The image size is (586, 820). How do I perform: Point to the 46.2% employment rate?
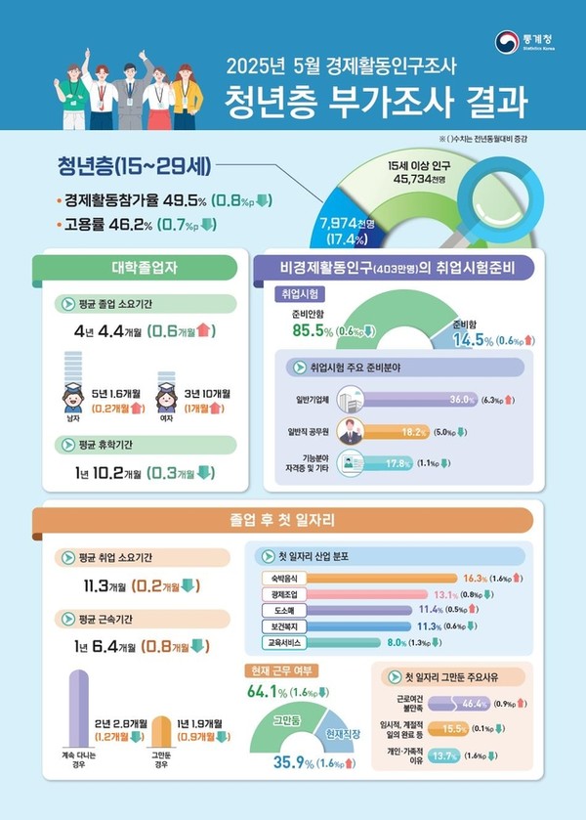(154, 225)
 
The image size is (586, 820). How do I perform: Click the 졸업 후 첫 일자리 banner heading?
(293, 520)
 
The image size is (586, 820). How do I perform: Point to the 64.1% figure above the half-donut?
(268, 694)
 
